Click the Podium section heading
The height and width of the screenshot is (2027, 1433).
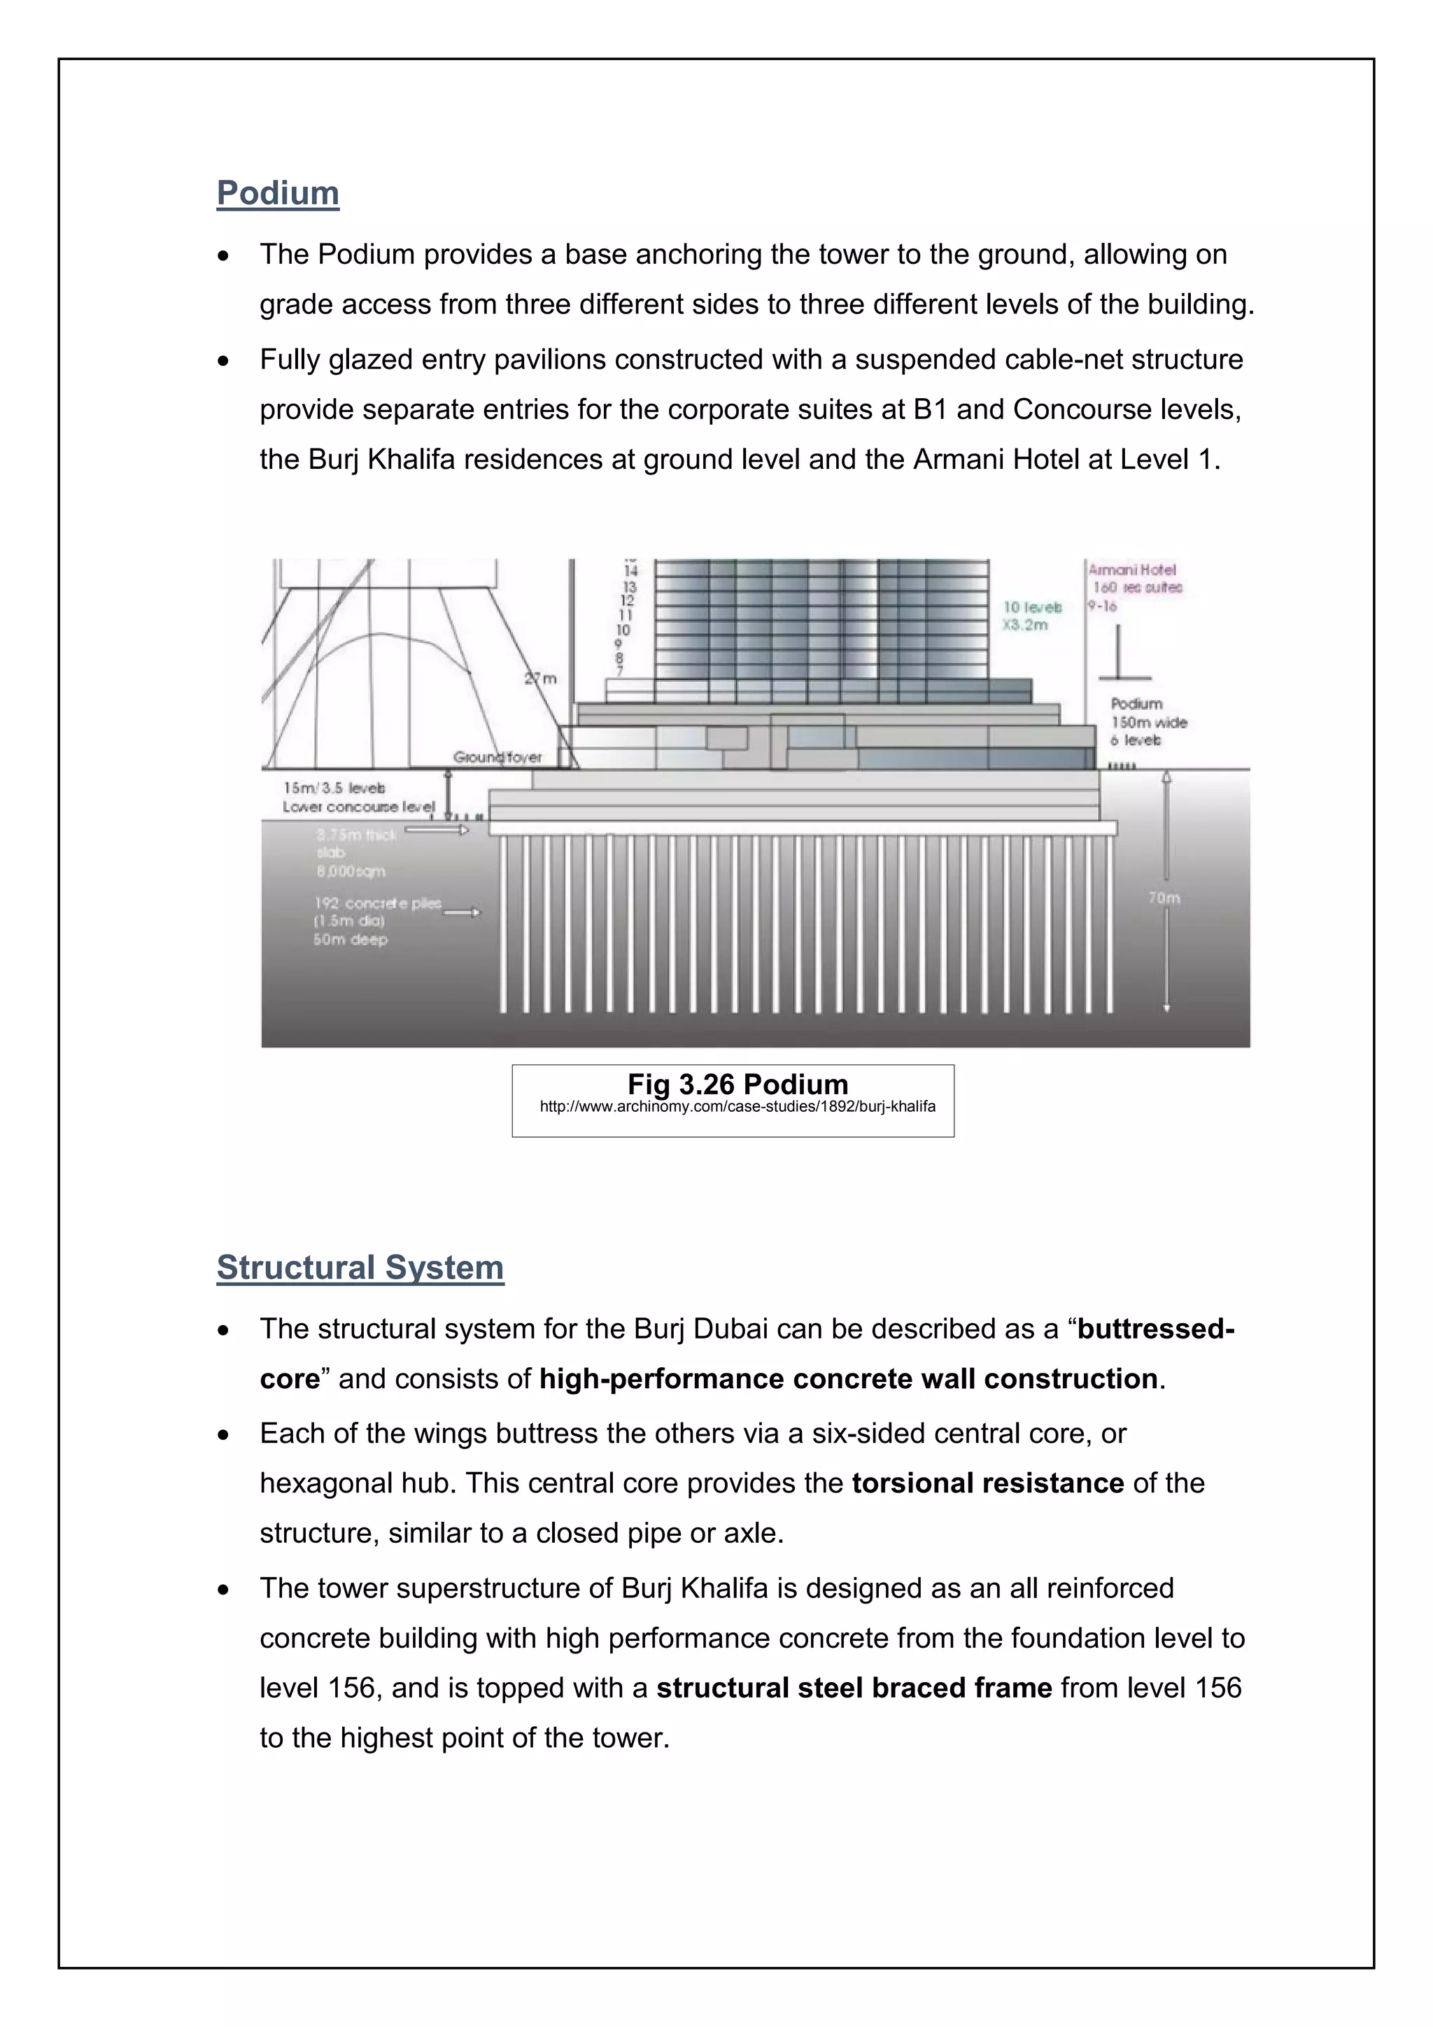pyautogui.click(x=277, y=193)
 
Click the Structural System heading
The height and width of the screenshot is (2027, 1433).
pyautogui.click(x=360, y=1267)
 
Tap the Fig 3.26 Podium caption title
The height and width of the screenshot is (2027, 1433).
pyautogui.click(x=737, y=1084)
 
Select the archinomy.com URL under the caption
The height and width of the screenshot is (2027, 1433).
pyautogui.click(x=737, y=1106)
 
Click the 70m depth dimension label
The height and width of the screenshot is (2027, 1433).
pyautogui.click(x=1164, y=898)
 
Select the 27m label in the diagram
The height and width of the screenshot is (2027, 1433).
pyautogui.click(x=540, y=679)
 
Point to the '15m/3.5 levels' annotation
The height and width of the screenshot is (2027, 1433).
pyautogui.click(x=334, y=787)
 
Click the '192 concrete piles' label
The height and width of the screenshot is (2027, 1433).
pyautogui.click(x=377, y=903)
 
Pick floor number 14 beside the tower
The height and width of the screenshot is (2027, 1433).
pyautogui.click(x=630, y=571)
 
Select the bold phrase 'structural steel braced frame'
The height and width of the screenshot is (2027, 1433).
pyautogui.click(x=854, y=1688)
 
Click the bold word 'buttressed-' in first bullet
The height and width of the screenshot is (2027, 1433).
pyautogui.click(x=1155, y=1329)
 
